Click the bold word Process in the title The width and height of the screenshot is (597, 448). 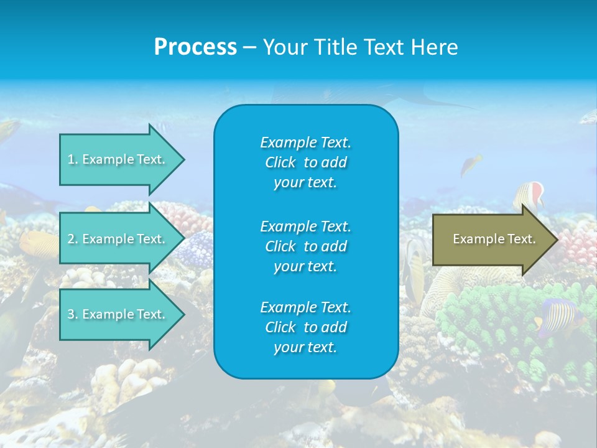pos(195,47)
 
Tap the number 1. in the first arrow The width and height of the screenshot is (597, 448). pos(73,159)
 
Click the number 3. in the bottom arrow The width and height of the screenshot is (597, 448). pos(73,314)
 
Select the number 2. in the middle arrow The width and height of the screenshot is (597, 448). pos(73,239)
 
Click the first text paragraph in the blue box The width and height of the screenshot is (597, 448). pos(305,162)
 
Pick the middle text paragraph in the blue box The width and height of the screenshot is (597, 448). pos(305,246)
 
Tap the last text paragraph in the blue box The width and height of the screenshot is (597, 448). pos(305,327)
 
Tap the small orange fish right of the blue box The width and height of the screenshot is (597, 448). pos(471,164)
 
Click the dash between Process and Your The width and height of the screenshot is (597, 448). pos(249,48)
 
